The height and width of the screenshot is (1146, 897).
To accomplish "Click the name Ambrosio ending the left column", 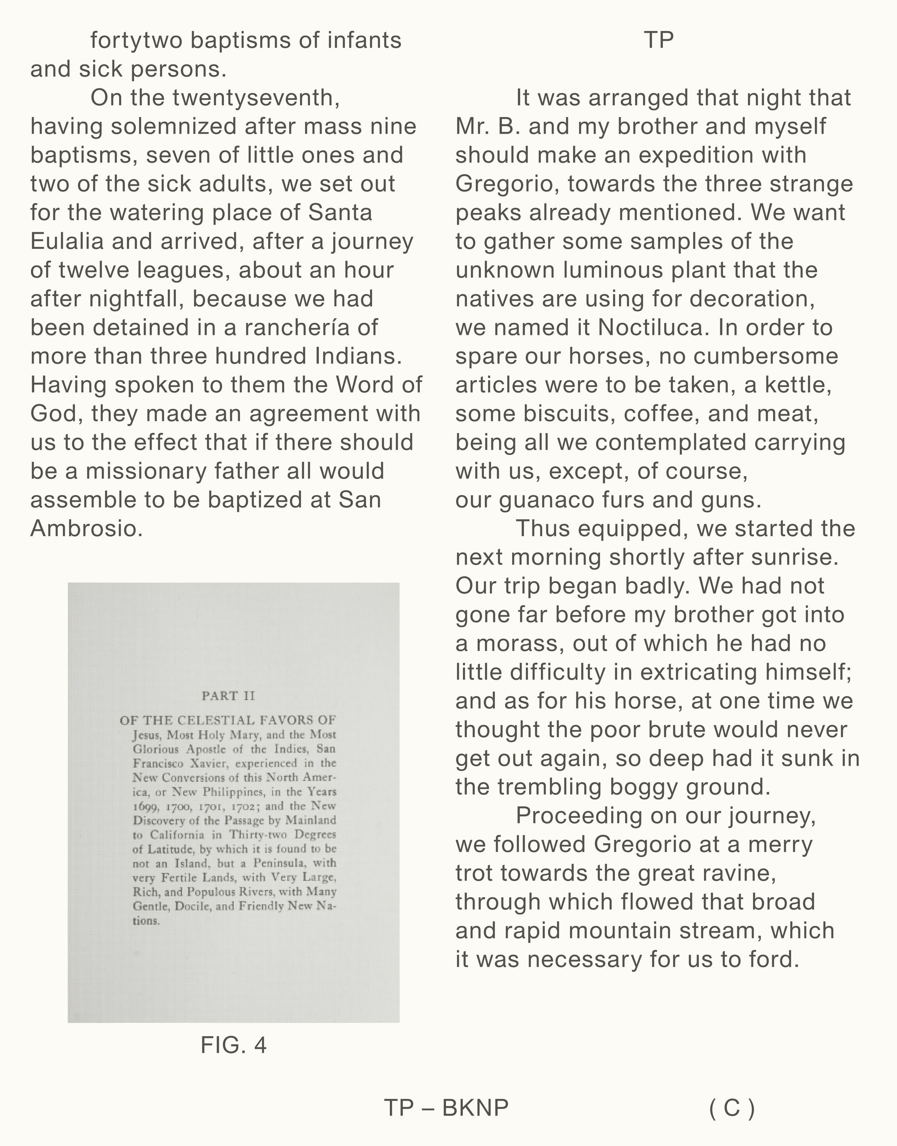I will (x=86, y=529).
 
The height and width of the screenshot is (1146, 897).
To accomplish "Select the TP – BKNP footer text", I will (x=446, y=1108).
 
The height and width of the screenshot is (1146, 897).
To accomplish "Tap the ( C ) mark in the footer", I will (x=732, y=1108).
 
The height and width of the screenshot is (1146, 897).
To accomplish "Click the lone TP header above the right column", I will (x=658, y=41).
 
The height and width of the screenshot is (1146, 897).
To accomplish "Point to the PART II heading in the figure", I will (x=228, y=696).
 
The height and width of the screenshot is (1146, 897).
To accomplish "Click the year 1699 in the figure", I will (x=144, y=806).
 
